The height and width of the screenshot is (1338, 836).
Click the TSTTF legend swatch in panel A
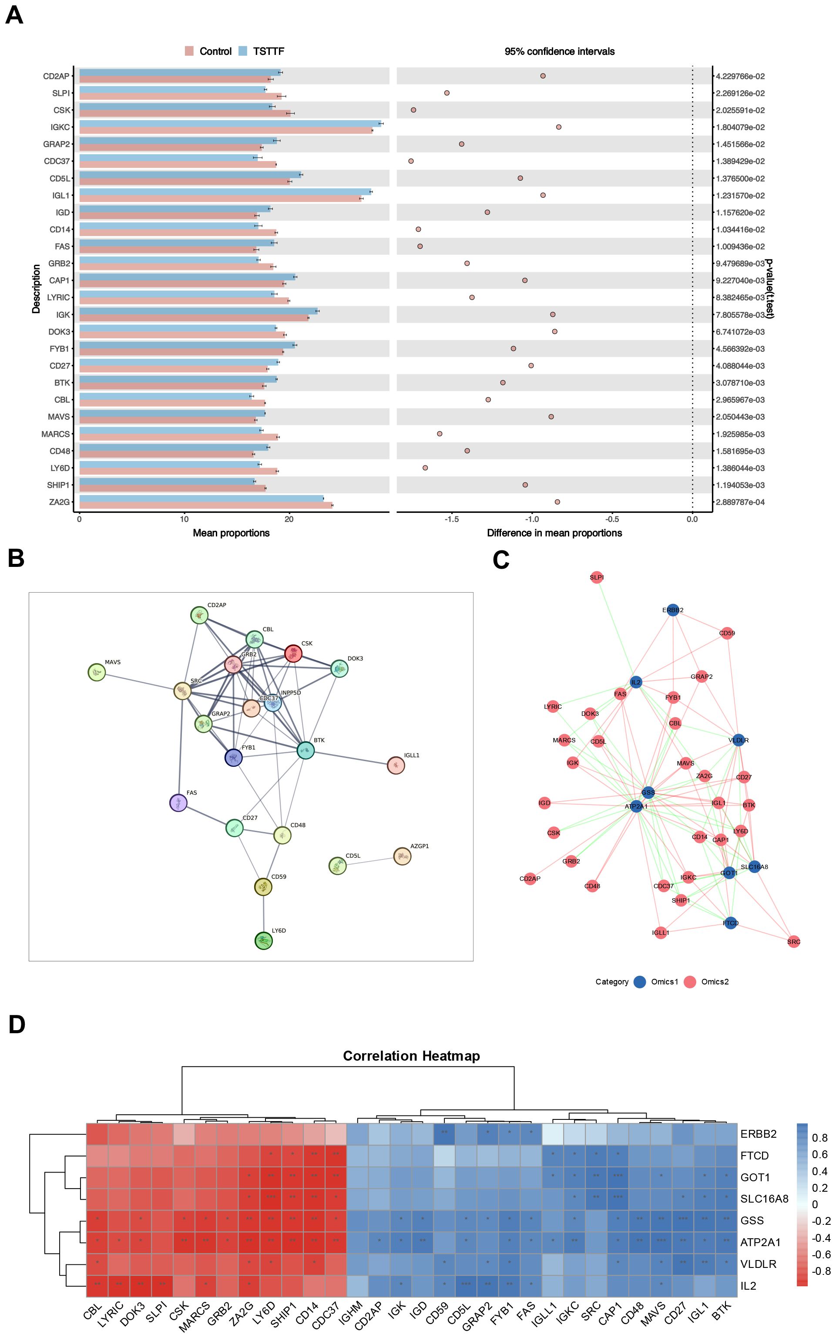click(x=242, y=51)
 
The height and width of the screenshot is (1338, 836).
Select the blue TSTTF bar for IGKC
click(x=229, y=124)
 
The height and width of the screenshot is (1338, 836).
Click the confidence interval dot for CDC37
click(x=411, y=161)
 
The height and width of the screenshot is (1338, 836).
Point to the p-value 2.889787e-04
click(x=740, y=502)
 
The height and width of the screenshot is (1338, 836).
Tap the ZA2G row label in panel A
click(x=59, y=502)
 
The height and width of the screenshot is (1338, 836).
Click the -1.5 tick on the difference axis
click(x=452, y=519)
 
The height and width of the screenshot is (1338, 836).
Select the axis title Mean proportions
click(x=231, y=533)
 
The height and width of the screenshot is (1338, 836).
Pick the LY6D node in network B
click(x=264, y=941)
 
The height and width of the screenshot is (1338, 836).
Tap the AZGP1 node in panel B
click(x=402, y=856)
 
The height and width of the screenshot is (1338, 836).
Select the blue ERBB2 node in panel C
click(x=672, y=610)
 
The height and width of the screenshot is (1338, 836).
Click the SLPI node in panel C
click(x=597, y=577)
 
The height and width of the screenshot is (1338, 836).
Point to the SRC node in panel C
click(x=793, y=941)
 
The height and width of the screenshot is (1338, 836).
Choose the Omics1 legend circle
click(x=640, y=982)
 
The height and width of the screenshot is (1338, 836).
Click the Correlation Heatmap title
click(x=411, y=1056)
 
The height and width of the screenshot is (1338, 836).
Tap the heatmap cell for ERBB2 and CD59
click(x=444, y=1133)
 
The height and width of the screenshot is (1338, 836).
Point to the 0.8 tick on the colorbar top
click(x=819, y=1138)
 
